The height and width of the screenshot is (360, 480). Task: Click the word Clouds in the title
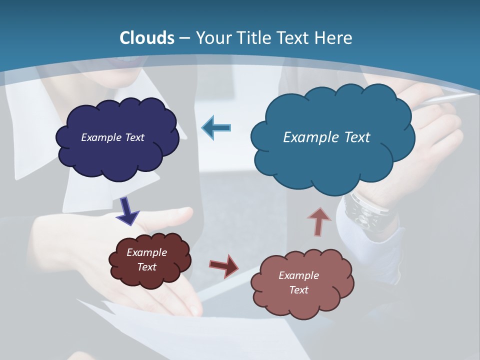[x=147, y=38]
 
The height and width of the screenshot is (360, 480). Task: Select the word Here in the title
[x=334, y=38]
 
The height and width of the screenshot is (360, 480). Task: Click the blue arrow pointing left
[x=216, y=128]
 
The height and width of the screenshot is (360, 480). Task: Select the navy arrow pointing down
[x=128, y=210]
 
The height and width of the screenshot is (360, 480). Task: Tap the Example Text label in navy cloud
[x=112, y=137]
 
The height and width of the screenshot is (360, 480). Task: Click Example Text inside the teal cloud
[x=326, y=137]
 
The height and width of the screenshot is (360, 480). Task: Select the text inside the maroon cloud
[x=147, y=259]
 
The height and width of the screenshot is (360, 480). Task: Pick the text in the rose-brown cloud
[x=298, y=282]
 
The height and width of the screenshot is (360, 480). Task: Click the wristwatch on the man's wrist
[x=367, y=210]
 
